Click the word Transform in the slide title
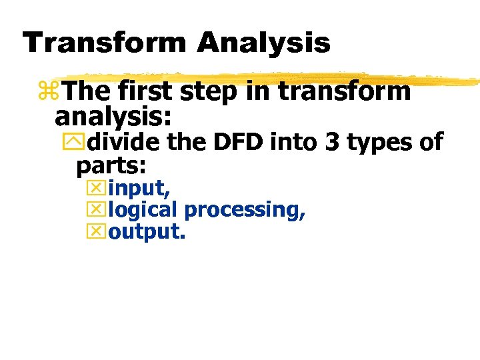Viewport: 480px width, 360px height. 103,43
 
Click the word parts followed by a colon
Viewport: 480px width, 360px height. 111,165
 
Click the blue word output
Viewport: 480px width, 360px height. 146,233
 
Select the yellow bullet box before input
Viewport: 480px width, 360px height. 97,189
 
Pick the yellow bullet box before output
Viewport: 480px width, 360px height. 97,232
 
